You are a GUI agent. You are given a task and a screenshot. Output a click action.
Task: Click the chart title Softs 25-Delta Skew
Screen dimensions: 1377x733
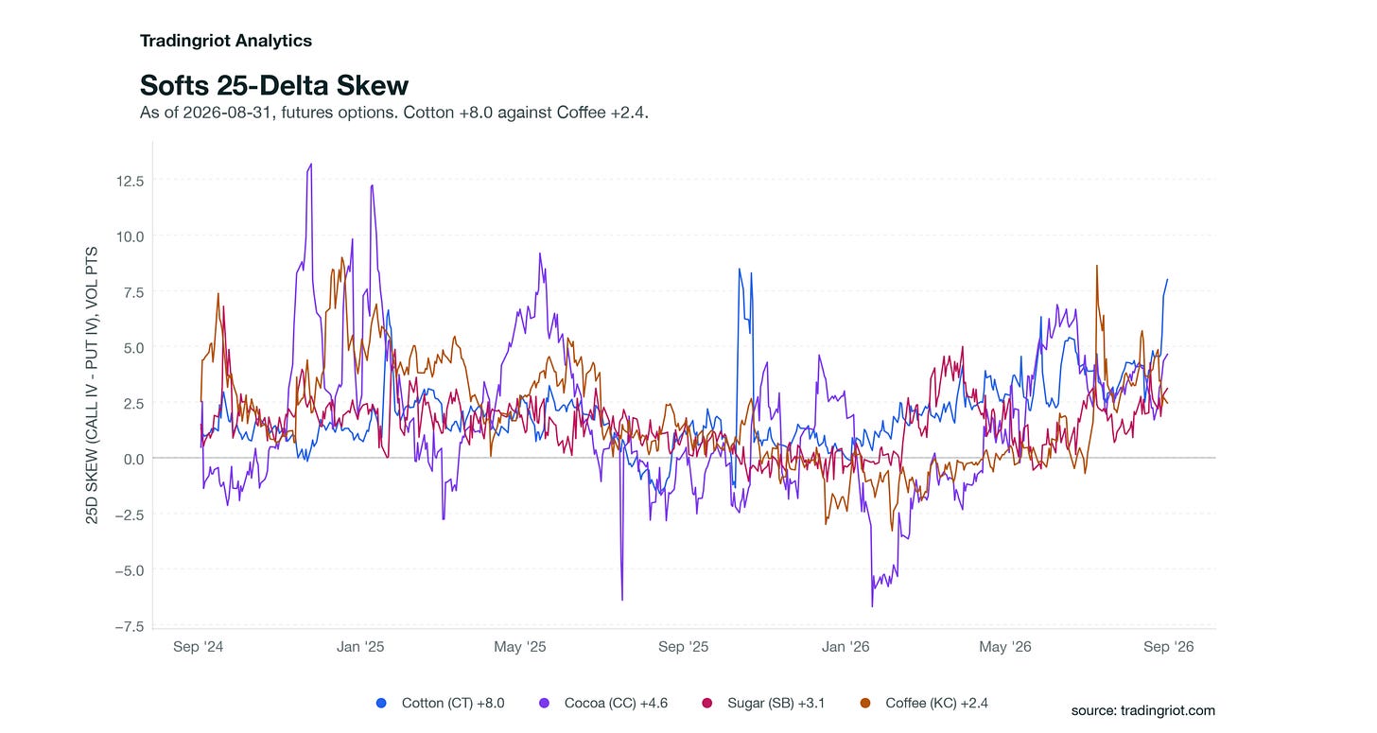[x=274, y=85]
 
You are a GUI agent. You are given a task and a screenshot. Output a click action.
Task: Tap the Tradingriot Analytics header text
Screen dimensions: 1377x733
[x=226, y=41]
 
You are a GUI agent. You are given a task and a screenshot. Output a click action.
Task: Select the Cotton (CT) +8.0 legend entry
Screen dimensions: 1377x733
[x=440, y=703]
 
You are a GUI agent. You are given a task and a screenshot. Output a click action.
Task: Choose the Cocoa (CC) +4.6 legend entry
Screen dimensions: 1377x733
[x=603, y=703]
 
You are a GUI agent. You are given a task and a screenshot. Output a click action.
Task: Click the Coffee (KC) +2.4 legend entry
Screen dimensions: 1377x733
[x=923, y=703]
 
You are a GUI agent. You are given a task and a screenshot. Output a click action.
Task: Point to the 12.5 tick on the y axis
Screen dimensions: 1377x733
[x=130, y=181]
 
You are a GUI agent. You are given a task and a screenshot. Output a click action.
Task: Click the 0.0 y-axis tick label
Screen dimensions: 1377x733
[x=134, y=459]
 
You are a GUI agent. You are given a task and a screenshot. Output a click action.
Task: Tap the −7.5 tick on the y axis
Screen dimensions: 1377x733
[x=130, y=626]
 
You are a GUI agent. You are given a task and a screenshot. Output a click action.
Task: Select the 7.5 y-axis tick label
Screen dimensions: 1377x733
[x=134, y=292]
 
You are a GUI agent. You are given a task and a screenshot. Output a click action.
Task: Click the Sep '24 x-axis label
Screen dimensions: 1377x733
[x=198, y=647]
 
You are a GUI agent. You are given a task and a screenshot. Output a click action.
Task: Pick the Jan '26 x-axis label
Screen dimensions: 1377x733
[x=845, y=647]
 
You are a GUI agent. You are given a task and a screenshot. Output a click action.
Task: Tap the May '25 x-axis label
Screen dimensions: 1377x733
[x=520, y=647]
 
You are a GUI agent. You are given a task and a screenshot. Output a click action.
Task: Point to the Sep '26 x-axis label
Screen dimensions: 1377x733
[x=1169, y=647]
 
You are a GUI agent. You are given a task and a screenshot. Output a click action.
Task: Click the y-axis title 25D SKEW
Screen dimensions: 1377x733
[x=92, y=386]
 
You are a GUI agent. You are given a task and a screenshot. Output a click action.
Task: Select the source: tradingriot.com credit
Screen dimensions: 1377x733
[x=1142, y=711]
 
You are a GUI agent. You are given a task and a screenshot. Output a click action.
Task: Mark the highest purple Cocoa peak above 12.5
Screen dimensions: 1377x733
[x=311, y=165]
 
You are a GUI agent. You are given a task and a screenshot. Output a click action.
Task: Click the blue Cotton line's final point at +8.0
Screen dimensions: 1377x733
[x=1167, y=280]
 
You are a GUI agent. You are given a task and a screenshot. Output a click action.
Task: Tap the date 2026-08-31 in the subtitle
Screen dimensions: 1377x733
[x=227, y=113]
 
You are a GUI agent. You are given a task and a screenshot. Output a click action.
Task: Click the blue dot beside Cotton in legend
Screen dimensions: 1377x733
[x=381, y=703]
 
